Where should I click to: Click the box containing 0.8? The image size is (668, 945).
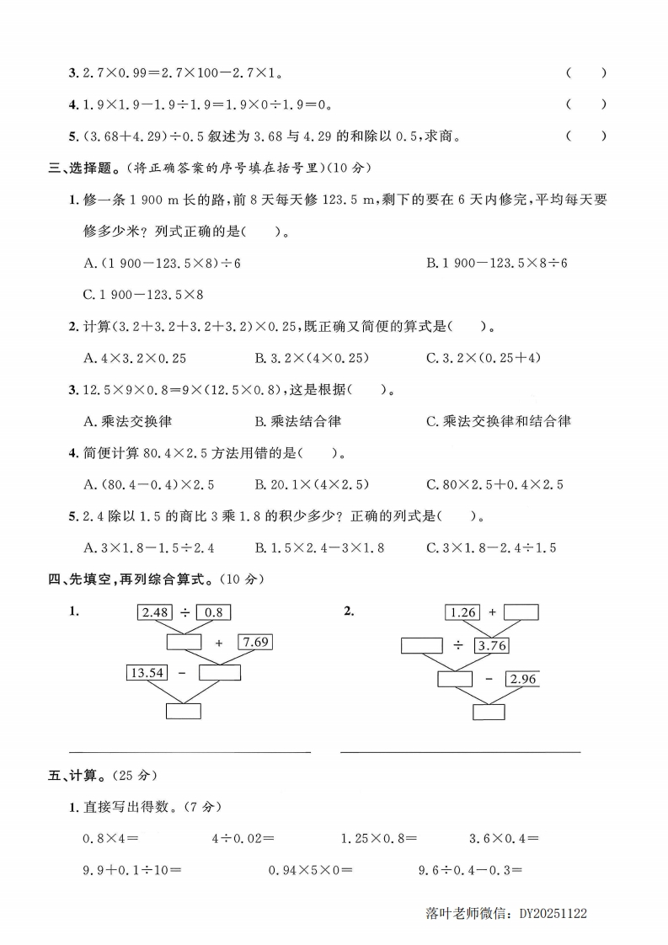(213, 612)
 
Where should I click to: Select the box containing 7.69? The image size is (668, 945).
(256, 642)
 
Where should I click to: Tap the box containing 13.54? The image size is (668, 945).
(146, 671)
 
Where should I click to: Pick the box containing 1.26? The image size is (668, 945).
(463, 612)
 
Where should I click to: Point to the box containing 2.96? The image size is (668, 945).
(522, 679)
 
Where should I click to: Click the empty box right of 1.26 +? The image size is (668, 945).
(521, 612)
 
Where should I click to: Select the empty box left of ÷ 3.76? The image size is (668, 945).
(421, 646)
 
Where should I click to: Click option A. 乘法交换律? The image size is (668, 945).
(128, 421)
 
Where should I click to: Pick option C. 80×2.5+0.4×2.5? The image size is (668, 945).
(494, 484)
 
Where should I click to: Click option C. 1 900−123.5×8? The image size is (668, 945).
(144, 295)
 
